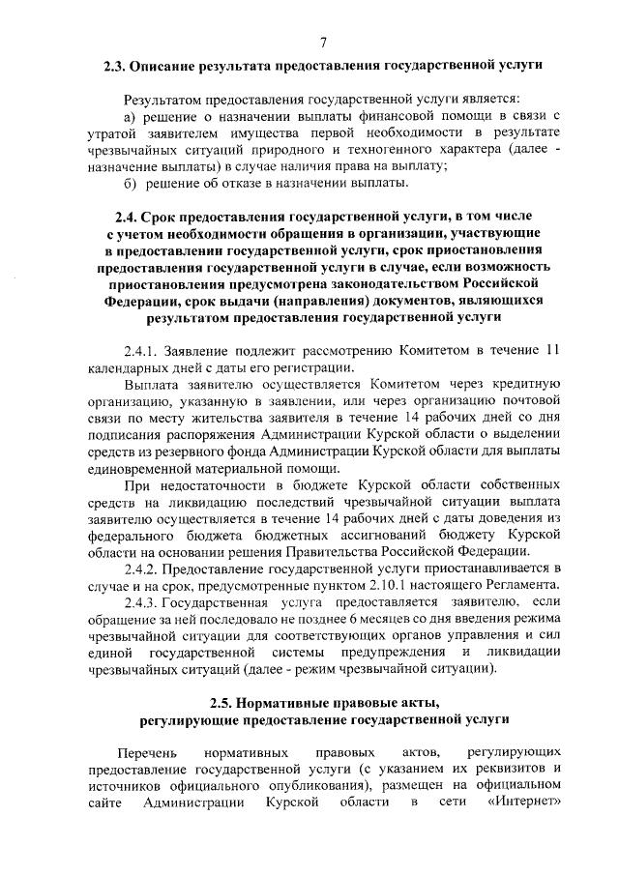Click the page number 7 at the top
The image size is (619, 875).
click(322, 42)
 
